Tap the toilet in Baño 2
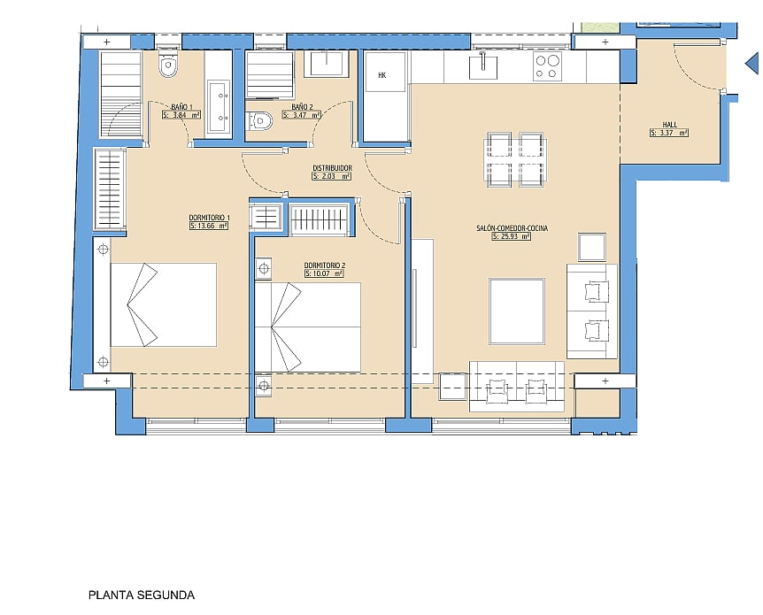[x=259, y=120]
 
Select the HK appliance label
[x=382, y=75]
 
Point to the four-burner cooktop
[x=547, y=66]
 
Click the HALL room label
[x=669, y=125]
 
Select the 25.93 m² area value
[x=511, y=236]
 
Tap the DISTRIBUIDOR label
[x=332, y=168]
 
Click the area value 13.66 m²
[x=209, y=226]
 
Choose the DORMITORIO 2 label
[x=325, y=265]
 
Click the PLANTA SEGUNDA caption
[x=142, y=595]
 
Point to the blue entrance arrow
[x=751, y=63]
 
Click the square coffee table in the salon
[x=517, y=311]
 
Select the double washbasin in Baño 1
[x=218, y=106]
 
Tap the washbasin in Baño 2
[x=327, y=63]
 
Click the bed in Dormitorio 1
[x=164, y=304]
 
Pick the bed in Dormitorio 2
[x=307, y=327]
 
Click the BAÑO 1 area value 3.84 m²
[x=181, y=115]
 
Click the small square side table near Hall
[x=592, y=247]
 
